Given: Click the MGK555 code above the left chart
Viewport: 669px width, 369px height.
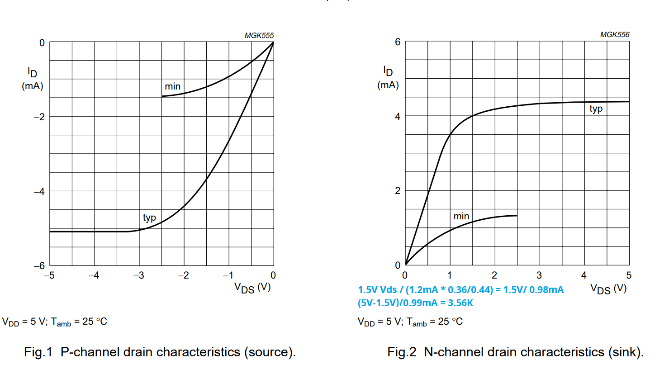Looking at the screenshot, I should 259,35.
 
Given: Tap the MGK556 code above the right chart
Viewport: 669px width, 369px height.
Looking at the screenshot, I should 614,34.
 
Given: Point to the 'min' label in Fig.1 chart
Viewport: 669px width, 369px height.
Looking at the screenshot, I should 172,86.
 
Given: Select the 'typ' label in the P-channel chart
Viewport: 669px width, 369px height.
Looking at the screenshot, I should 149,218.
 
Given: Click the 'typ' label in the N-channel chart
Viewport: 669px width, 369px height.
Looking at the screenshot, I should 596,109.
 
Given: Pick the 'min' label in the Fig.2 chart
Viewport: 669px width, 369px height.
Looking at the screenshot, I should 461,216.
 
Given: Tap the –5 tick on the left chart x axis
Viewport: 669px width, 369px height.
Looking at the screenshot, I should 49,275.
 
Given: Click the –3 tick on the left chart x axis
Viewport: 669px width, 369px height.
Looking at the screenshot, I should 138,275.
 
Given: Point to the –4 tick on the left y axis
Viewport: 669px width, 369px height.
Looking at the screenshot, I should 39,191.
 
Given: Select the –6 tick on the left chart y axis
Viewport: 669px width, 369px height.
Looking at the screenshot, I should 39,266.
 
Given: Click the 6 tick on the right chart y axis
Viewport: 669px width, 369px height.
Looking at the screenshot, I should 398,42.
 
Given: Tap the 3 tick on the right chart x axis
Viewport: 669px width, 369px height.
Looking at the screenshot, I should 539,275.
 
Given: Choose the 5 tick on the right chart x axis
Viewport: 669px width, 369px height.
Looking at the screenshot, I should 629,275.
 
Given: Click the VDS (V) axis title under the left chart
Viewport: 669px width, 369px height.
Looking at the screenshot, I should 252,288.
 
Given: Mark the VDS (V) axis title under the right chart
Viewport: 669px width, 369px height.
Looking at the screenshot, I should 608,289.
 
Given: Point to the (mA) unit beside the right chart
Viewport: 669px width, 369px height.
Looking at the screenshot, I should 388,85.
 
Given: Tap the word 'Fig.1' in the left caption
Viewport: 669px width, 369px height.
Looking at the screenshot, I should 38,352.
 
